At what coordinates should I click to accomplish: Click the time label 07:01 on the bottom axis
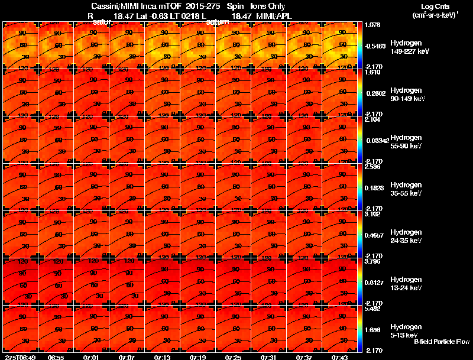tap(91, 357)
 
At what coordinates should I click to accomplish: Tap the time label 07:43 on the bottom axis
tap(339, 357)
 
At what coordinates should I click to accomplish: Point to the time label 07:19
tap(197, 357)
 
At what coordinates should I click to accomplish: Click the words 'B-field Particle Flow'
tap(441, 342)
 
